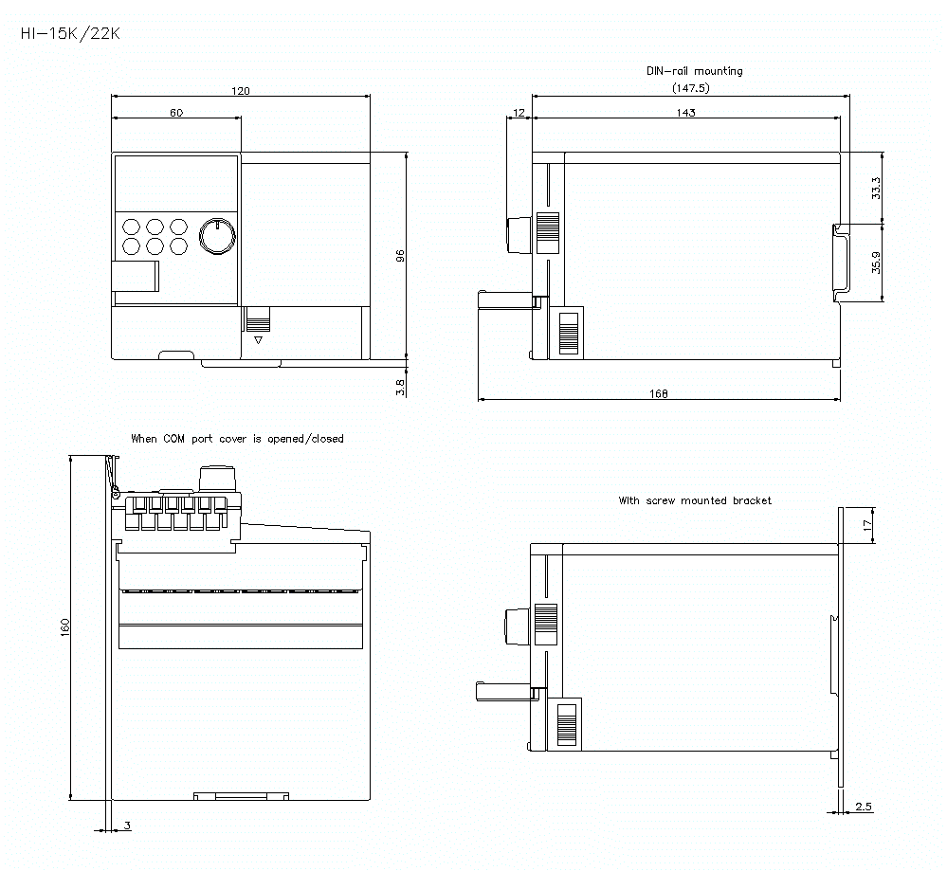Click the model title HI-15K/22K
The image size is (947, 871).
(x=70, y=33)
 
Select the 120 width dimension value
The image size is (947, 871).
(x=241, y=91)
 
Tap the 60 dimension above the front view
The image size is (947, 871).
(x=176, y=113)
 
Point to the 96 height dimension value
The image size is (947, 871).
(x=400, y=256)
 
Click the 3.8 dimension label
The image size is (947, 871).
(x=400, y=387)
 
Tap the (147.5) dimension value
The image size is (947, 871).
(x=690, y=88)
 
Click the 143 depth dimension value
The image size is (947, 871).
(x=686, y=113)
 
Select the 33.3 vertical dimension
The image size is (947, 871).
(x=876, y=188)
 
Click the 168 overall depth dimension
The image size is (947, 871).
(x=660, y=394)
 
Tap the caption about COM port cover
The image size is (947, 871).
(x=237, y=439)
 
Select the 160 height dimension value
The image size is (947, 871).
(x=65, y=627)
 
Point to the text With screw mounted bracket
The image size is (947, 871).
(x=695, y=500)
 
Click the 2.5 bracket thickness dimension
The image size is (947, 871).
(x=863, y=807)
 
